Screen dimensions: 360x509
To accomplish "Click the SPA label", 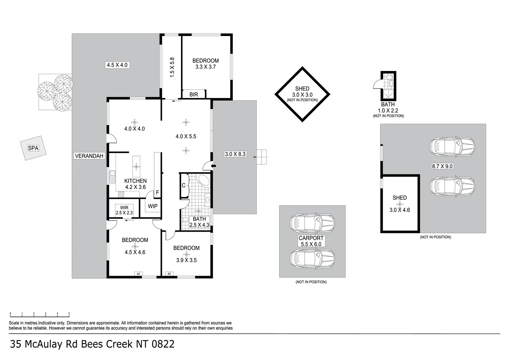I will pyautogui.click(x=33, y=148).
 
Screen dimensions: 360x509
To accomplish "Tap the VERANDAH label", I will pyautogui.click(x=89, y=156).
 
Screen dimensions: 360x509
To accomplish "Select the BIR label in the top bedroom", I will pyautogui.click(x=194, y=95).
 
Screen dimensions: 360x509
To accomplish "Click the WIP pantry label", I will pyautogui.click(x=153, y=206).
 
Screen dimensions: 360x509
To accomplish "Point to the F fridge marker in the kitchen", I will pyautogui.click(x=157, y=192).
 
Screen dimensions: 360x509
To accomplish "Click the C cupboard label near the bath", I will pyautogui.click(x=184, y=185).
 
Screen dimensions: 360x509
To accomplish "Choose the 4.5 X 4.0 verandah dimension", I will pyautogui.click(x=117, y=65).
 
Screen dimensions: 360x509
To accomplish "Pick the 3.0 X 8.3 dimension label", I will pyautogui.click(x=235, y=154).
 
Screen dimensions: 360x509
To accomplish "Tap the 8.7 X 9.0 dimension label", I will pyautogui.click(x=442, y=166).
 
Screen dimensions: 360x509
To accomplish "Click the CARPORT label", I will pyautogui.click(x=311, y=238).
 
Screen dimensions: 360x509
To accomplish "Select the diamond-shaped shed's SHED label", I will pyautogui.click(x=302, y=89).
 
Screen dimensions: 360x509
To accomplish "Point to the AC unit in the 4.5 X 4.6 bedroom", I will pyautogui.click(x=138, y=274).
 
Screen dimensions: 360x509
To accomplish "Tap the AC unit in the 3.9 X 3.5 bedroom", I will pyautogui.click(x=169, y=274).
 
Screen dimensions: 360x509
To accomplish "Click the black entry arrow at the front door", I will pyautogui.click(x=214, y=166).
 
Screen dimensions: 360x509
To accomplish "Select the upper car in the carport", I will pyautogui.click(x=312, y=223).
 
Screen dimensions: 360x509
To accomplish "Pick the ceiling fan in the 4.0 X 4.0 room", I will pyautogui.click(x=134, y=122).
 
